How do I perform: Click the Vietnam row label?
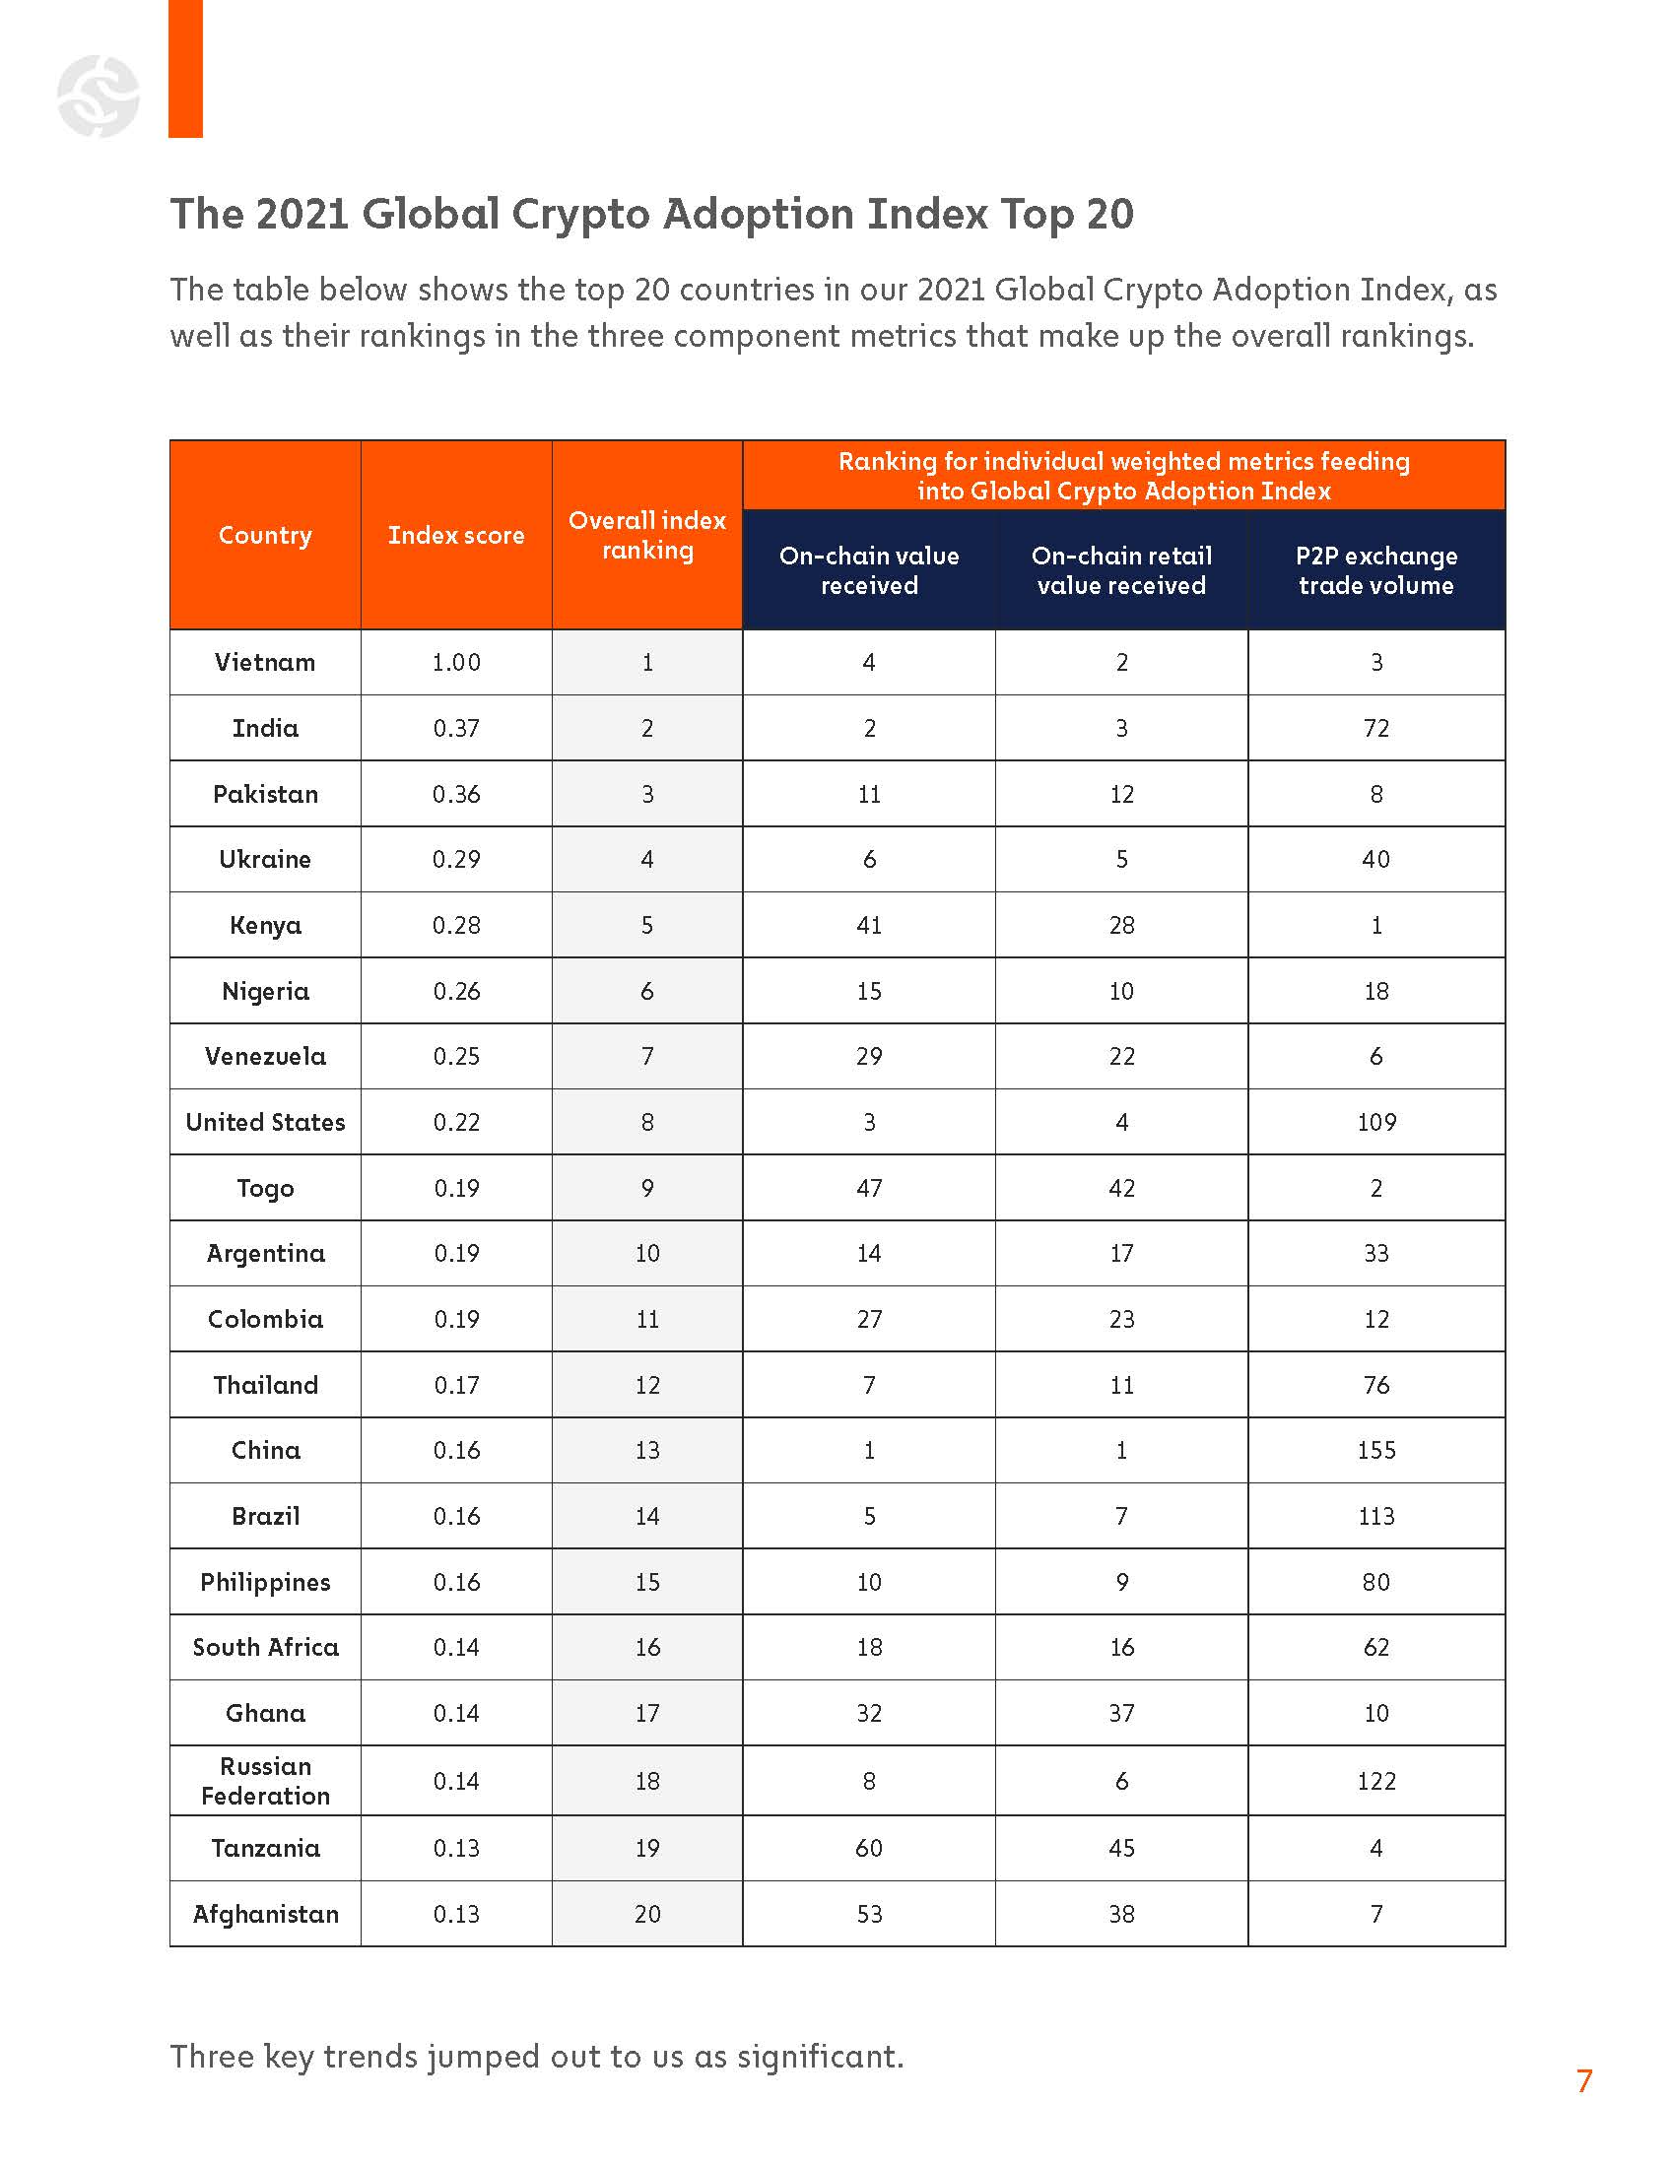point(265,662)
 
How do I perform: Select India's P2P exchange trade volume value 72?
point(1375,728)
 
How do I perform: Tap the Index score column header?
point(455,535)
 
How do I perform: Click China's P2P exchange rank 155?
point(1375,1451)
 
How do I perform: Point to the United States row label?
point(265,1122)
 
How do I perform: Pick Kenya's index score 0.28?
point(455,925)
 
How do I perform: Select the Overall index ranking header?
point(647,535)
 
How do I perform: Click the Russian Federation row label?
point(265,1781)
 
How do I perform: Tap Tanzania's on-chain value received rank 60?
point(868,1848)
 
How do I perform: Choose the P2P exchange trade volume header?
point(1375,570)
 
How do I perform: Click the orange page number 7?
point(1583,2081)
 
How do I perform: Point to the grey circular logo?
point(99,97)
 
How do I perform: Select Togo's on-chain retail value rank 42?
point(1121,1188)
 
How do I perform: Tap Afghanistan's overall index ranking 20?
point(647,1914)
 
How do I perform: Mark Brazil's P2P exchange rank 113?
point(1375,1516)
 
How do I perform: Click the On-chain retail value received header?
point(1121,570)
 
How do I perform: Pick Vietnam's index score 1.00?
point(455,662)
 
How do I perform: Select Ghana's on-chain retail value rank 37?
point(1121,1713)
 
